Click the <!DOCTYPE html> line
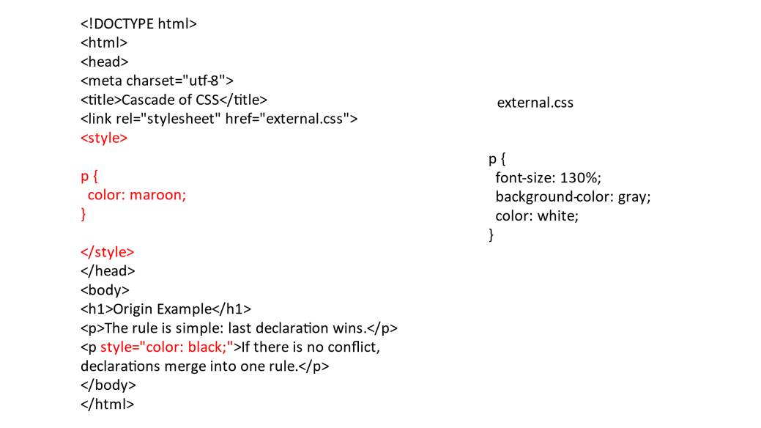pyautogui.click(x=139, y=23)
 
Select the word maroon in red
pyautogui.click(x=157, y=195)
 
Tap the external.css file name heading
pyautogui.click(x=535, y=103)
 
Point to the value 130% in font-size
pyautogui.click(x=581, y=178)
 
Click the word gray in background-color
pyautogui.click(x=634, y=197)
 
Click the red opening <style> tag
pyautogui.click(x=104, y=138)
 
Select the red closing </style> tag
pyautogui.click(x=107, y=252)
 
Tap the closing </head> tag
pyautogui.click(x=108, y=271)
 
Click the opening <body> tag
pyautogui.click(x=105, y=290)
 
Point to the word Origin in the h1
pyautogui.click(x=133, y=309)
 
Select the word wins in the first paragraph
pyautogui.click(x=349, y=328)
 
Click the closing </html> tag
pyautogui.click(x=107, y=405)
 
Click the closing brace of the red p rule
pyautogui.click(x=83, y=214)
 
